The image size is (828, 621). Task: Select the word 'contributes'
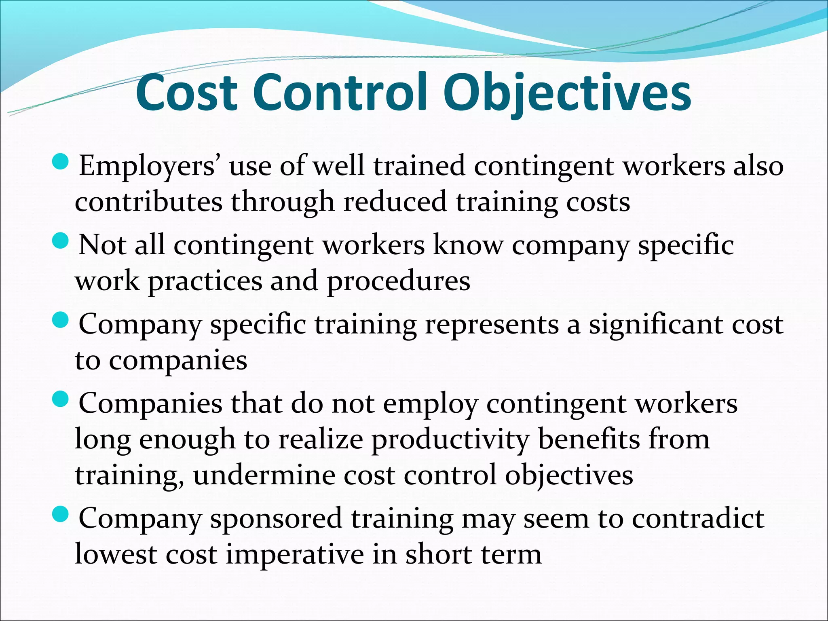(148, 202)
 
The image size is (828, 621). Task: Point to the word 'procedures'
(399, 281)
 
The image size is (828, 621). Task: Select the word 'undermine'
(264, 475)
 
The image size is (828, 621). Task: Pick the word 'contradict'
(698, 518)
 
